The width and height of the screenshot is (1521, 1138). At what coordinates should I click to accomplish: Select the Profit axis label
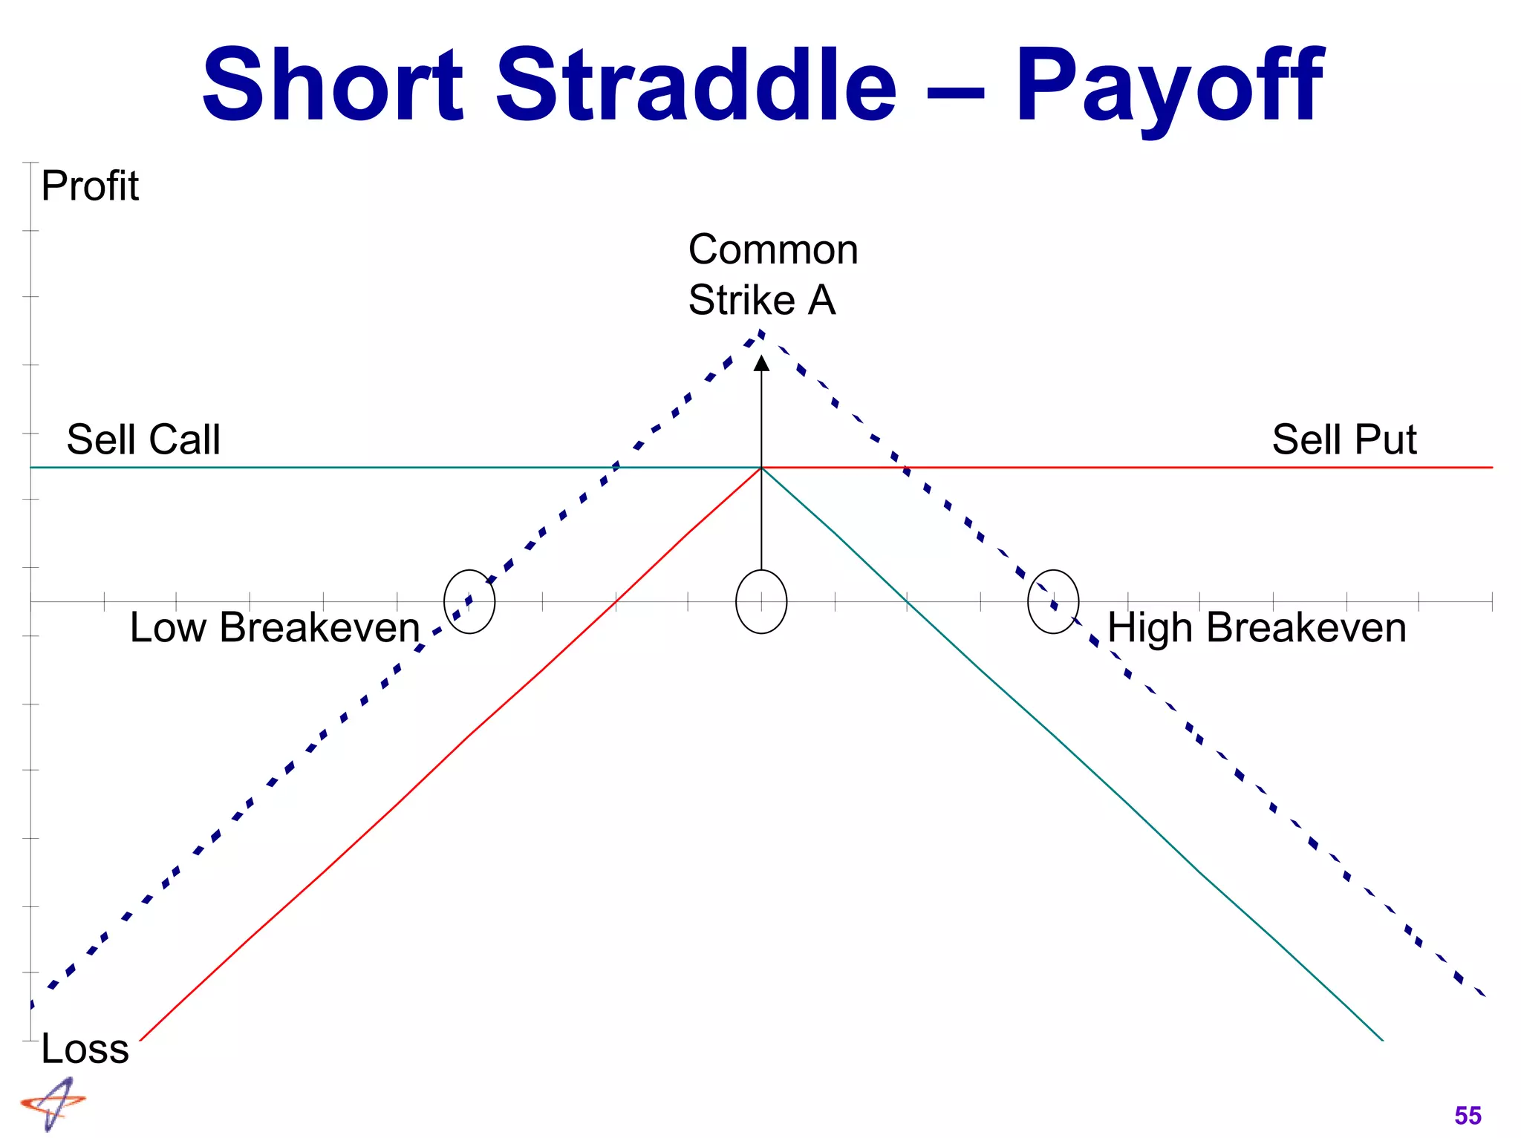pyautogui.click(x=89, y=186)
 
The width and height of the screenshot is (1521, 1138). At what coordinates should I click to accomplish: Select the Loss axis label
pyautogui.click(x=85, y=1048)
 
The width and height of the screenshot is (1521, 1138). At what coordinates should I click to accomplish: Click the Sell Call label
pyautogui.click(x=143, y=439)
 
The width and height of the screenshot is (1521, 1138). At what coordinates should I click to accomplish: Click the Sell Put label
pyautogui.click(x=1344, y=439)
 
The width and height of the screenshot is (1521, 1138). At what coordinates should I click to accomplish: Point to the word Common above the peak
pyautogui.click(x=772, y=249)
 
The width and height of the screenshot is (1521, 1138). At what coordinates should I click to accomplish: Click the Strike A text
pyautogui.click(x=761, y=300)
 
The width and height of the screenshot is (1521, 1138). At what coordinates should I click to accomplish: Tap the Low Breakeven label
pyautogui.click(x=275, y=627)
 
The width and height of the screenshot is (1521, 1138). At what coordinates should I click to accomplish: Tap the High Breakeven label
pyautogui.click(x=1257, y=627)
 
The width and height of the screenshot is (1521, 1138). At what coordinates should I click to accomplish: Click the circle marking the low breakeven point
pyautogui.click(x=469, y=601)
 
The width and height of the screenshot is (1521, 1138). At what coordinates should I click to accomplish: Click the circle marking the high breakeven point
pyautogui.click(x=1052, y=601)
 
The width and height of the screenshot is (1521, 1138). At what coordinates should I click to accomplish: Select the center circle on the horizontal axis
pyautogui.click(x=761, y=601)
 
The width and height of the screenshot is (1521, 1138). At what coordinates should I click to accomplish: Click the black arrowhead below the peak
pyautogui.click(x=761, y=363)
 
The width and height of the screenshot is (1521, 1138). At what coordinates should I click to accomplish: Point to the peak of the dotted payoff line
pyautogui.click(x=761, y=333)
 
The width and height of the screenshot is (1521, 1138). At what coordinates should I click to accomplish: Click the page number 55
pyautogui.click(x=1468, y=1116)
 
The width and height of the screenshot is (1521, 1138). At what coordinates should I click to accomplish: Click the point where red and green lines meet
pyautogui.click(x=761, y=468)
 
